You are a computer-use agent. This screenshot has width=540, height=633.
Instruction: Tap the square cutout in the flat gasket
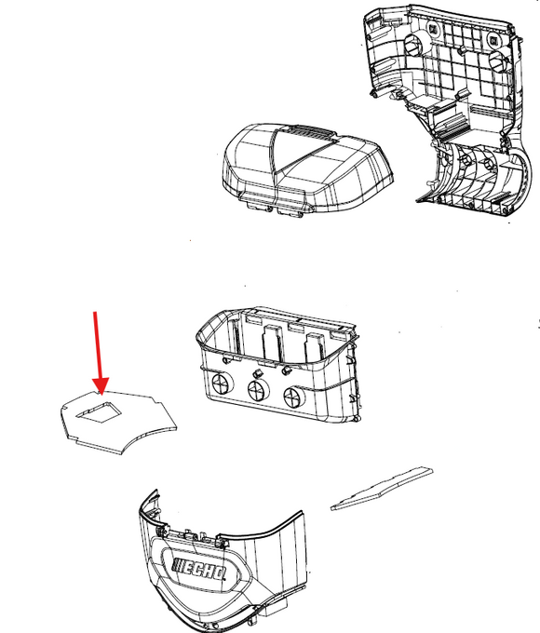click(x=100, y=412)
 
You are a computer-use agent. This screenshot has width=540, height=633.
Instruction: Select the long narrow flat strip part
click(x=382, y=488)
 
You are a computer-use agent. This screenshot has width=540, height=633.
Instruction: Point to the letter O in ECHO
click(x=220, y=573)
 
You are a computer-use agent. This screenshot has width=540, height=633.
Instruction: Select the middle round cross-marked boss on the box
click(x=257, y=390)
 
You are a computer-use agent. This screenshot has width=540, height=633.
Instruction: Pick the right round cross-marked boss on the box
click(x=293, y=397)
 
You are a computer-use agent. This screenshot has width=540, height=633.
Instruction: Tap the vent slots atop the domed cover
click(x=310, y=131)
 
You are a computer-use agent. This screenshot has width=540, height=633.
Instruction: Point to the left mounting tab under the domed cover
click(x=258, y=206)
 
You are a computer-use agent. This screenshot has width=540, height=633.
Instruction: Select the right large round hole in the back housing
click(x=499, y=61)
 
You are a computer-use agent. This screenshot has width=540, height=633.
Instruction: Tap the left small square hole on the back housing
click(x=434, y=29)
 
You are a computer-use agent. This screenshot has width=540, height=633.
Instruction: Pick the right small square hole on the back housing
click(x=493, y=40)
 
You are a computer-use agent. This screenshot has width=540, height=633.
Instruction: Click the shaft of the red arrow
click(x=97, y=345)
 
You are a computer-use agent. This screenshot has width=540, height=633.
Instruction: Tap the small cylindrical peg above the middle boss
click(x=255, y=372)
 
